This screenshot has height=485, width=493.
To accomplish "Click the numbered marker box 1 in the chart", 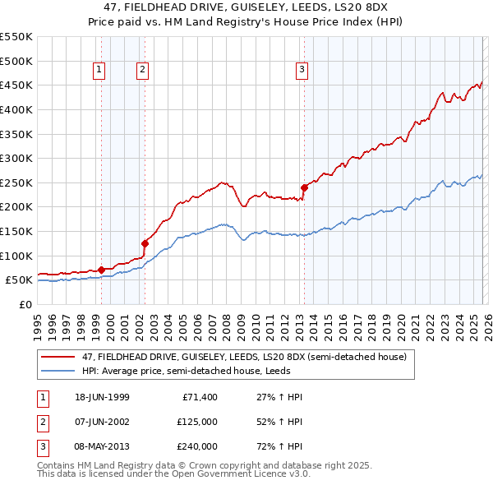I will click(99, 71).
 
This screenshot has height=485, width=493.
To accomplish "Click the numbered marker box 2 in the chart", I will click(142, 71).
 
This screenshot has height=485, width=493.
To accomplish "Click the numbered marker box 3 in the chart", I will click(302, 71).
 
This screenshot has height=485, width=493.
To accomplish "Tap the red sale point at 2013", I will click(304, 187).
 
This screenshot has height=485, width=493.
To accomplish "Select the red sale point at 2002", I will click(145, 243).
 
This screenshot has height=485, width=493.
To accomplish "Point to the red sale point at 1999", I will click(101, 269).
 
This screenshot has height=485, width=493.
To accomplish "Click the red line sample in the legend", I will click(58, 358).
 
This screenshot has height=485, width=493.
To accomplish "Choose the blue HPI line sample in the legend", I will click(58, 371).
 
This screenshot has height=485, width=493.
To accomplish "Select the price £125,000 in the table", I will click(197, 423).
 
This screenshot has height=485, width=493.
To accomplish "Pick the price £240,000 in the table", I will click(197, 447).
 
